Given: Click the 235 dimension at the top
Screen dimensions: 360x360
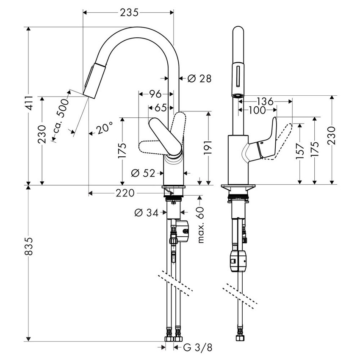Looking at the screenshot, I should point(129,13).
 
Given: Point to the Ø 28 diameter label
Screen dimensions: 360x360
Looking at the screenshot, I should point(199,78).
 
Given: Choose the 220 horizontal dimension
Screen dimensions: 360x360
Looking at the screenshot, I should point(124,194).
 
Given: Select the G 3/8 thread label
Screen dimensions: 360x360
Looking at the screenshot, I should point(197,348).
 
